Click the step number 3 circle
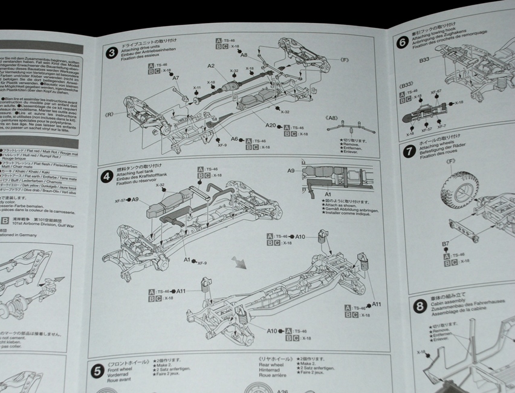[x=111, y=53]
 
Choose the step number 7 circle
[x=409, y=151]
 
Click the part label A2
[x=212, y=65]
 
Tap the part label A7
[x=176, y=77]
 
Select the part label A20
[x=270, y=126]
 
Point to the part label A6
[x=234, y=139]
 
